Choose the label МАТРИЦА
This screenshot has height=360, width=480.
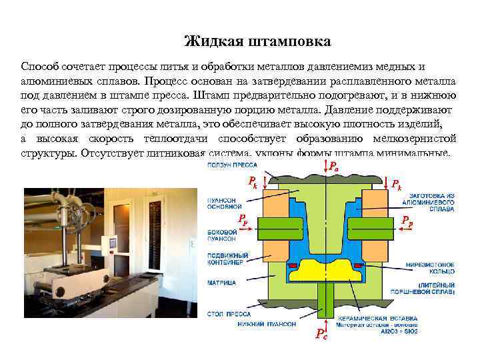[x=215, y=282]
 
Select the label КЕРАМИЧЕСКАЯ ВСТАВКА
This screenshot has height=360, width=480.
[x=369, y=318]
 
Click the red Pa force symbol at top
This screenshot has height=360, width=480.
[x=333, y=167]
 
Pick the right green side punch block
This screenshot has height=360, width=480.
[x=379, y=226]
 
